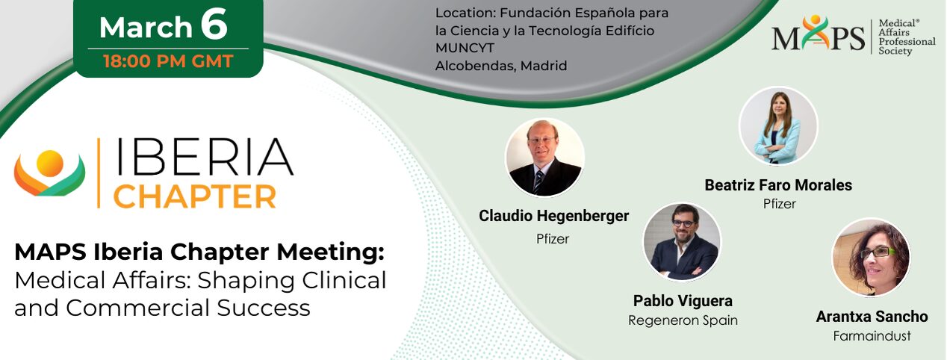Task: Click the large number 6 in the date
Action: tap(214, 24)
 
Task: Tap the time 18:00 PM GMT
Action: tap(168, 61)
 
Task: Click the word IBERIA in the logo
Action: tap(204, 157)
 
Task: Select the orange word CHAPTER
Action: tap(195, 196)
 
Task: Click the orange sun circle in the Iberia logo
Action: tap(50, 164)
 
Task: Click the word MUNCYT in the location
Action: tap(465, 49)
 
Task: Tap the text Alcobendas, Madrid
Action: tap(501, 66)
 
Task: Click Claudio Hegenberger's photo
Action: tap(544, 157)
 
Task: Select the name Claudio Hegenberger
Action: tap(554, 216)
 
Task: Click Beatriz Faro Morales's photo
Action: tap(778, 125)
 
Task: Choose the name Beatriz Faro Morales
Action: tap(778, 185)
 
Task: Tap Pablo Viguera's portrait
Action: tap(683, 242)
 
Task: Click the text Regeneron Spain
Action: tap(683, 320)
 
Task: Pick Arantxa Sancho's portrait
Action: tap(872, 257)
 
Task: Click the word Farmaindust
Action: tap(872, 336)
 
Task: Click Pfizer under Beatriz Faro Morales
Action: tap(779, 204)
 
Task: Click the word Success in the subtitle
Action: tap(264, 308)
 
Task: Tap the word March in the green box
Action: tap(146, 28)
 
